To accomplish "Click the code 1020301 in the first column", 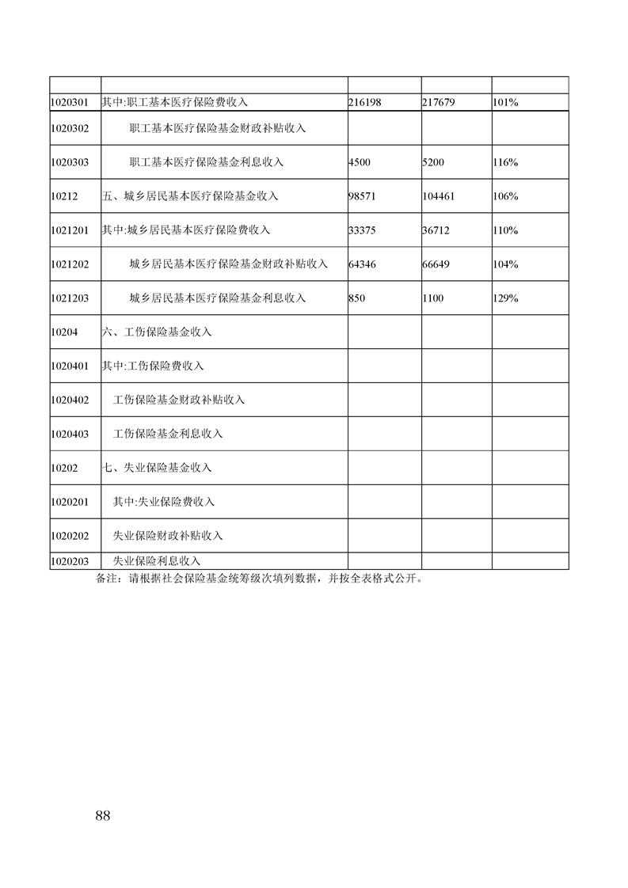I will (68, 102).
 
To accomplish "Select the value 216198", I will (365, 102).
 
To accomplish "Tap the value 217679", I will (439, 102).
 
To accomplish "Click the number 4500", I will (359, 162).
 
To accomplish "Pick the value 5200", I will (433, 162).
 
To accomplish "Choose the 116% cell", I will (505, 162).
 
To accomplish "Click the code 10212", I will (63, 196).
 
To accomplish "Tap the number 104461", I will (439, 196).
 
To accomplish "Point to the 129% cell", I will (505, 298).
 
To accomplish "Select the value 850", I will (356, 298).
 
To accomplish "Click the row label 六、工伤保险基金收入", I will (157, 332).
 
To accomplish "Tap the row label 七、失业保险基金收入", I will (157, 468).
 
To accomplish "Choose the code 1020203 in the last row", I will (69, 561).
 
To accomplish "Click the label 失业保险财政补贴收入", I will (168, 536).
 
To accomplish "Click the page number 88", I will (101, 816).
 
